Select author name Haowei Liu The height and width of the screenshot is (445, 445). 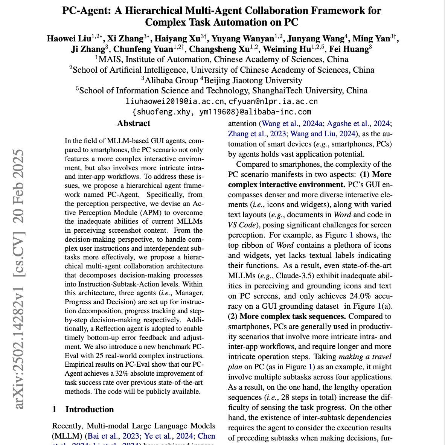69,39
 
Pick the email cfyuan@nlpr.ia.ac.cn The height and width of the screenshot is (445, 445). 273,101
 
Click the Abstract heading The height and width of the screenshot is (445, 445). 134,123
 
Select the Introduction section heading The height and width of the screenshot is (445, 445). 90,410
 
